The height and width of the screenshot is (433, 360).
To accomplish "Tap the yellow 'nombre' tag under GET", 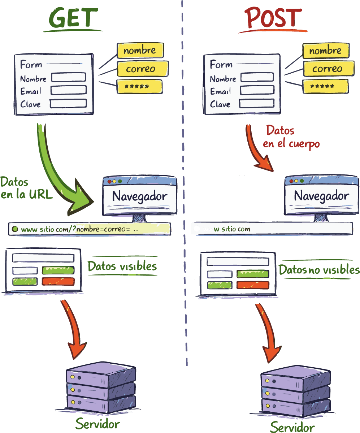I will tap(140, 51).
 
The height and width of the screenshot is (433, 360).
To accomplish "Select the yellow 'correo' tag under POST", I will tap(327, 69).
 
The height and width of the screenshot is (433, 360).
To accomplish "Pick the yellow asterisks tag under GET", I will tap(139, 87).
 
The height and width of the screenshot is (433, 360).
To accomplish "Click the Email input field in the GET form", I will tap(69, 90).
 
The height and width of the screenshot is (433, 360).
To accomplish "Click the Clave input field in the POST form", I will tap(257, 103).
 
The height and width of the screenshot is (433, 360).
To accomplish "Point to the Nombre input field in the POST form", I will tap(257, 77).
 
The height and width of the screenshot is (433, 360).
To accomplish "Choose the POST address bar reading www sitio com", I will tap(271, 229).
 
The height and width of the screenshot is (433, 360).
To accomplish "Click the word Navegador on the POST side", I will tap(321, 196).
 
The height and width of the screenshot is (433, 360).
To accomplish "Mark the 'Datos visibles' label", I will tap(122, 267).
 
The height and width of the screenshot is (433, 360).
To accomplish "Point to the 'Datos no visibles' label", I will tap(319, 270).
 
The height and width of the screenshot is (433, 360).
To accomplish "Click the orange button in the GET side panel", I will tap(58, 281).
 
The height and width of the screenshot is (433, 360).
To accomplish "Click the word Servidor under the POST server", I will tap(292, 427).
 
